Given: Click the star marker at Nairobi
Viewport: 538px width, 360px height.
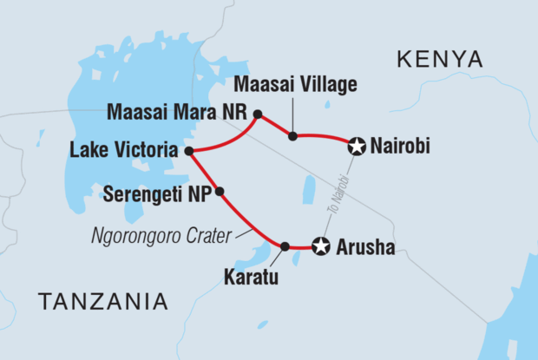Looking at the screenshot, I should pyautogui.click(x=356, y=147).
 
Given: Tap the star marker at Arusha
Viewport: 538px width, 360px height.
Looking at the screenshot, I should pyautogui.click(x=321, y=247).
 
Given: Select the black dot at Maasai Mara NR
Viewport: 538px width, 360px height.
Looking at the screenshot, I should pyautogui.click(x=257, y=114).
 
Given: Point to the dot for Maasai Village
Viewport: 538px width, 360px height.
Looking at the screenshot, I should pyautogui.click(x=293, y=136).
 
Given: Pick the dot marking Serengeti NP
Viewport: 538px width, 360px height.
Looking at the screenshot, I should pyautogui.click(x=220, y=191).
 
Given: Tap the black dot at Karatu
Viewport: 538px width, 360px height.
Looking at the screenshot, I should pyautogui.click(x=285, y=246).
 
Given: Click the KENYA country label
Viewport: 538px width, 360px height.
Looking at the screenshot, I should pyautogui.click(x=439, y=59).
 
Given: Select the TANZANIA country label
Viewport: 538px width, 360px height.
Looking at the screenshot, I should pyautogui.click(x=102, y=301).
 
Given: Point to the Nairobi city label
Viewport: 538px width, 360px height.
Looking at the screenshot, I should pyautogui.click(x=399, y=148).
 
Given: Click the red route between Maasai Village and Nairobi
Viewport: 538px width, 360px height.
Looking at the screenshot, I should pyautogui.click(x=325, y=137).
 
